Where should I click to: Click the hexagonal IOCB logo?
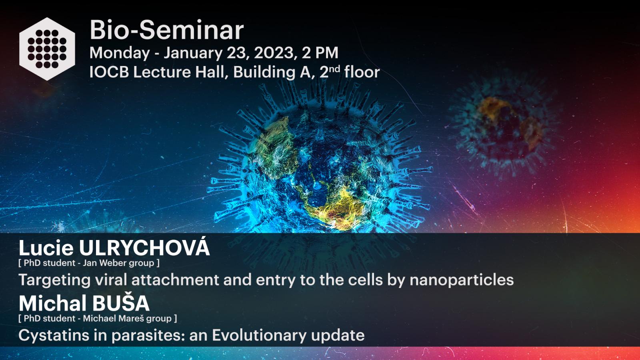[x=47, y=49]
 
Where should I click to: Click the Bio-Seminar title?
[x=166, y=30]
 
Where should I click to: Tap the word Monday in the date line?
[x=120, y=54]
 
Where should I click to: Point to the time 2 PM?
[x=320, y=53]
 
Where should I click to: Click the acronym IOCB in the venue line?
[x=109, y=72]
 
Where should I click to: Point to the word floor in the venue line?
[x=362, y=72]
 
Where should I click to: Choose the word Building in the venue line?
[x=264, y=72]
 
